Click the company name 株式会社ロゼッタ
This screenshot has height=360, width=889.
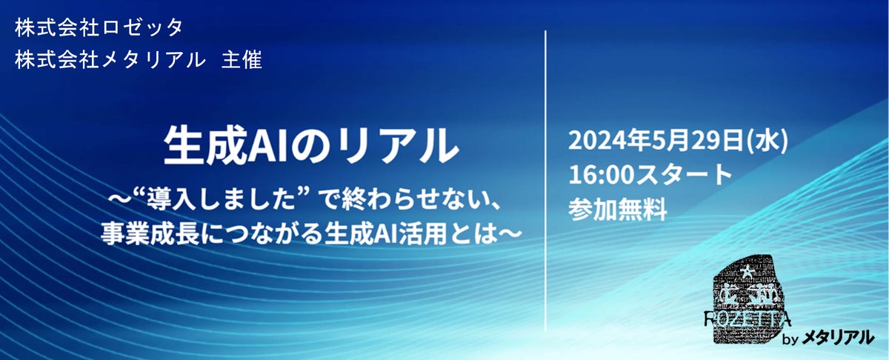click(99, 28)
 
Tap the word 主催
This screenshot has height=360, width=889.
click(242, 60)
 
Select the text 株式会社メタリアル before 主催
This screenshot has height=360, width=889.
click(110, 60)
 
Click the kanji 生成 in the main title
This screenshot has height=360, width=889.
click(204, 145)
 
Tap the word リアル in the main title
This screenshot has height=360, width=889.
click(397, 145)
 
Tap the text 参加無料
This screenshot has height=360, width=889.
click(618, 209)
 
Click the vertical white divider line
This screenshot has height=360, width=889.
click(546, 181)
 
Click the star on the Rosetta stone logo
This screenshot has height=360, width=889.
click(748, 273)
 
